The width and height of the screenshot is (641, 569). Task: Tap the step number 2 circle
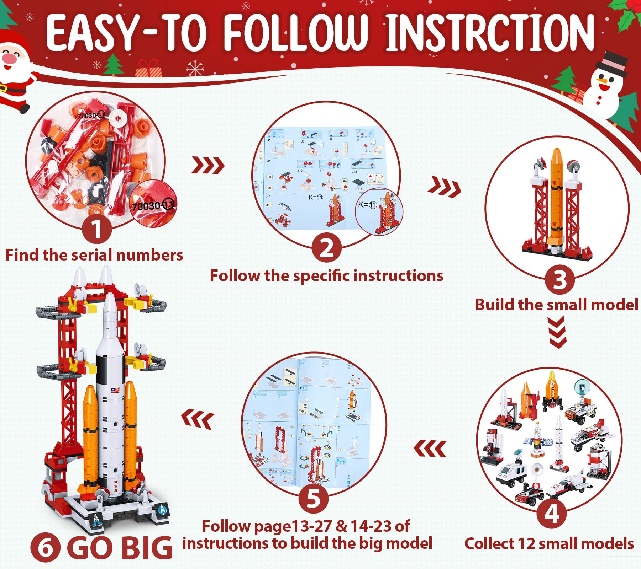tap(326, 248)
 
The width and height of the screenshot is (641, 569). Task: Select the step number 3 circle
tap(559, 279)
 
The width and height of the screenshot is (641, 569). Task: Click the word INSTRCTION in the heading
tap(490, 33)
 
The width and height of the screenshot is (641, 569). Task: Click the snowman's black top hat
tap(612, 64)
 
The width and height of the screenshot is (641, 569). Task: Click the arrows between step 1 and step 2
tap(208, 165)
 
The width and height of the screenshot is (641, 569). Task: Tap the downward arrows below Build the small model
tap(557, 332)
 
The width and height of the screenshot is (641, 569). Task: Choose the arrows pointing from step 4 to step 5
tap(430, 449)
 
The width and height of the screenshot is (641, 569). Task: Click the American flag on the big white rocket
tap(115, 390)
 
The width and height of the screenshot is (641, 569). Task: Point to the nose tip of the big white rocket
tap(110, 296)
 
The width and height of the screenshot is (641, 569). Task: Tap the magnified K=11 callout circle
tap(379, 210)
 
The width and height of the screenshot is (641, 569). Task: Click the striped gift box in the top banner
tap(148, 69)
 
